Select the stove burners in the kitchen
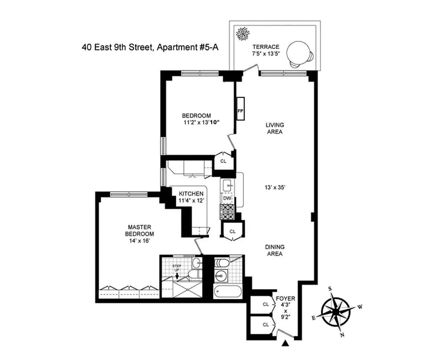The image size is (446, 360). point(227,212)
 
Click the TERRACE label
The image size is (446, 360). point(266,47)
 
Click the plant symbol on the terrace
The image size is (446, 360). point(243,34)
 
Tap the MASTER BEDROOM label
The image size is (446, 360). point(139,230)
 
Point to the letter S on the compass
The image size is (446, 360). point(329,289)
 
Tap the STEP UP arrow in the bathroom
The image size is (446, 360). point(177,276)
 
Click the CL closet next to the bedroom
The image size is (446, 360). point(223,161)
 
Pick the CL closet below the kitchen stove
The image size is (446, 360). point(233,231)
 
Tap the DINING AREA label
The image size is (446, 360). point(275,250)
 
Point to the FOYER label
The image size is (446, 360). point(285,299)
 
